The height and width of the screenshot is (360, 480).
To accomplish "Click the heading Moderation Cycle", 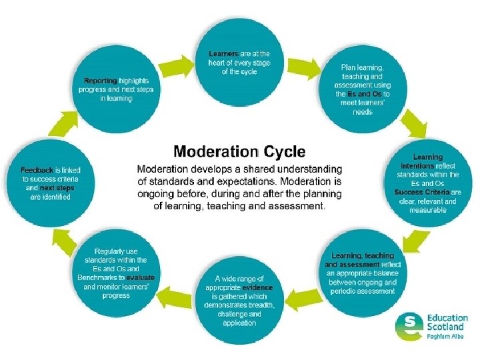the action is (239, 151).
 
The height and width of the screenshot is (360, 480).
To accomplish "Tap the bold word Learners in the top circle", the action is (223, 53).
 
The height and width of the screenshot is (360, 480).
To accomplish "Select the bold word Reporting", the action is (101, 80).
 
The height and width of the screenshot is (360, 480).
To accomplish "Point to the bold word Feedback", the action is (37, 171).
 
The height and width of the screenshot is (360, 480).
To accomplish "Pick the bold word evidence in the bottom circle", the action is (257, 287).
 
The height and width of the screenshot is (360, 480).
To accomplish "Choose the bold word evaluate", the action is (141, 277).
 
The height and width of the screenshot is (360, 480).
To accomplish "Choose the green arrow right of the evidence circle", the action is (305, 295).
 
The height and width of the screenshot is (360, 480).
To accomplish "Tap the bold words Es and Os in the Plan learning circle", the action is (369, 94).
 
